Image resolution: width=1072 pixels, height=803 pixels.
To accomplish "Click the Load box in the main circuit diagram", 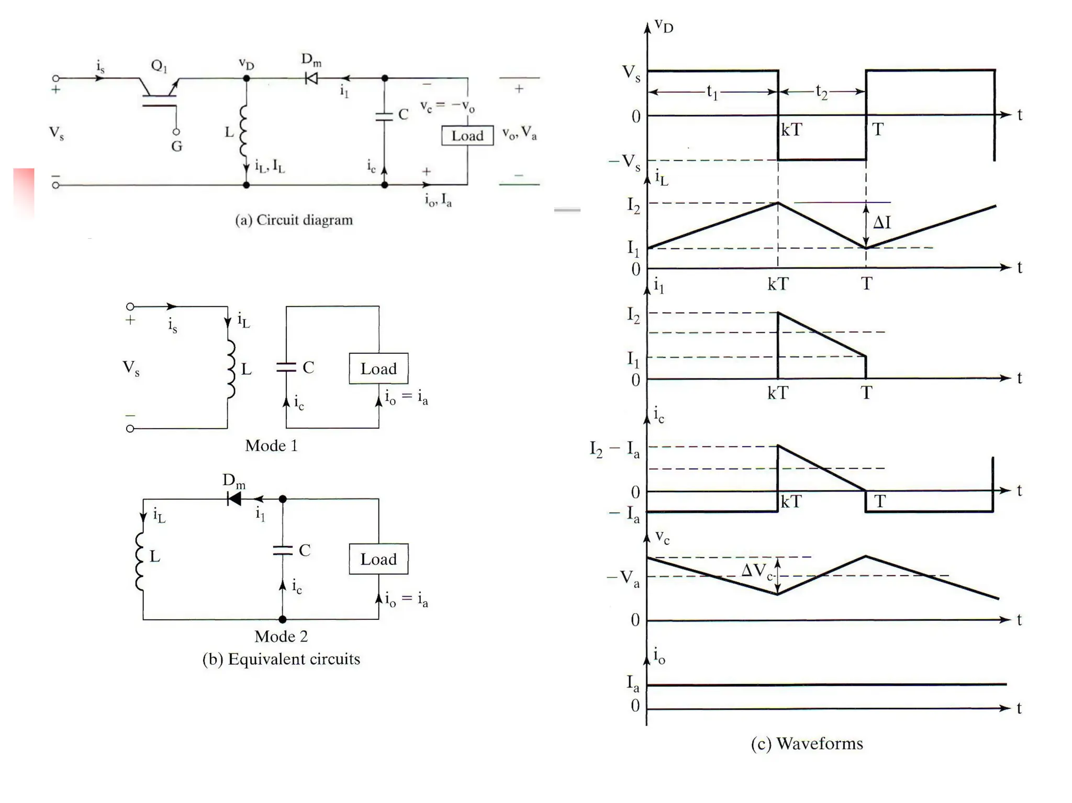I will [x=467, y=136].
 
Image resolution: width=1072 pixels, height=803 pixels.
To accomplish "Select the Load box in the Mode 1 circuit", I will [x=378, y=369].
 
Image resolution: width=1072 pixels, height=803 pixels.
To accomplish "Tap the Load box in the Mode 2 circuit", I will [x=378, y=559].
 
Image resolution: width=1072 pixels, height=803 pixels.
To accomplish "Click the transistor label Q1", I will [x=159, y=66].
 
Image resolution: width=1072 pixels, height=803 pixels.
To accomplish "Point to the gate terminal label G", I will [x=177, y=146].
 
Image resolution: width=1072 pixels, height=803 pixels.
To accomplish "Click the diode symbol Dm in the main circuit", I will [x=311, y=79].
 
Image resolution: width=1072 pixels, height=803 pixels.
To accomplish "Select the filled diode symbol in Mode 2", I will [x=234, y=499].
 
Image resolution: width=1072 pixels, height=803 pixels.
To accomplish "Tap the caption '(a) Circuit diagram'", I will [x=294, y=220].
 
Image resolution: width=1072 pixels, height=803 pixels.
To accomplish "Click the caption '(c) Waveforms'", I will [x=807, y=743].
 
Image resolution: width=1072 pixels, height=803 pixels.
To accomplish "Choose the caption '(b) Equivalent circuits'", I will [x=281, y=659].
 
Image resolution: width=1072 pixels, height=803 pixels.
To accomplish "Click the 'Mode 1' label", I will [x=271, y=445].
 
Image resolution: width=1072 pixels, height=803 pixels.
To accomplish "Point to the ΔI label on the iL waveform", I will [x=882, y=223].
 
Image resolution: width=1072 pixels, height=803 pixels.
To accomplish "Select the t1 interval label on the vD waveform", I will [x=712, y=93].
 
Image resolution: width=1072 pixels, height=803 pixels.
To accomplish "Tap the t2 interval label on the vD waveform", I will [x=821, y=93].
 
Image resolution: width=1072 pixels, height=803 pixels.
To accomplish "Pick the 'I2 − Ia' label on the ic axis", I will [x=615, y=449].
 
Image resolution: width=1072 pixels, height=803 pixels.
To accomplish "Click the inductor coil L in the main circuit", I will [x=243, y=131].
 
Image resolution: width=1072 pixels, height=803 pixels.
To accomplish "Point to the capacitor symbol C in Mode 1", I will [x=286, y=367].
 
